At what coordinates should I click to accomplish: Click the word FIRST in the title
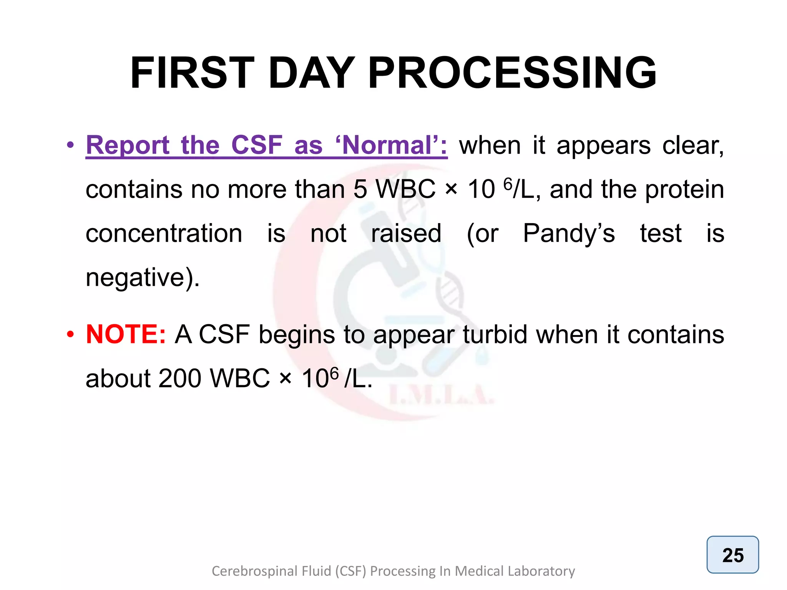pos(192,73)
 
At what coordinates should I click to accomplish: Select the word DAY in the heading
pos(311,73)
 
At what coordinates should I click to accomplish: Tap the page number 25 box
pos(732,555)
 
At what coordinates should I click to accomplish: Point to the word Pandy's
pos(569,234)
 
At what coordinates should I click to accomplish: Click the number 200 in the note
pos(179,378)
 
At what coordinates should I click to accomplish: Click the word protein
pos(684,189)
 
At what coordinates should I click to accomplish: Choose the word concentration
pos(164,234)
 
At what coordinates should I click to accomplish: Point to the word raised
pos(406,234)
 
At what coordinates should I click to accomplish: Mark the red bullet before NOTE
pos(70,334)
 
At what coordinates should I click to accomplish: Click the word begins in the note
pos(297,334)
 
